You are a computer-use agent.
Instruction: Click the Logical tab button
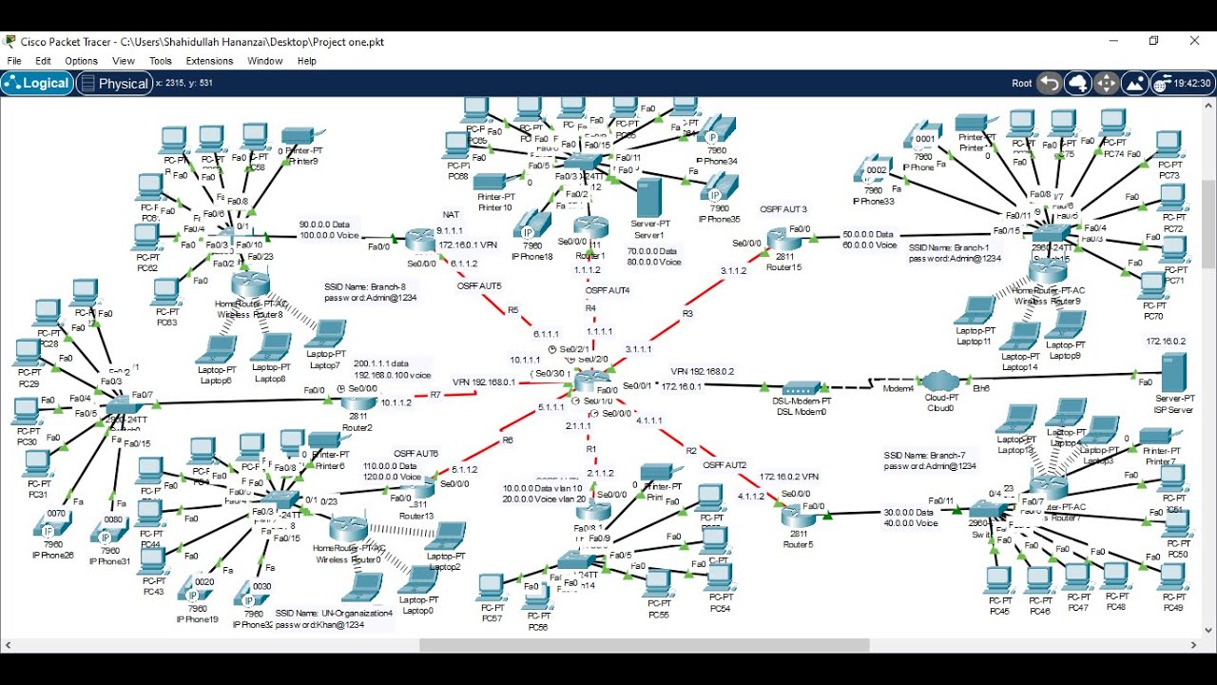click(38, 84)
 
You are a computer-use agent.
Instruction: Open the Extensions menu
click(209, 61)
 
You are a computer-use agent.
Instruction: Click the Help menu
click(306, 61)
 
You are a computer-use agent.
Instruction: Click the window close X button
click(1194, 41)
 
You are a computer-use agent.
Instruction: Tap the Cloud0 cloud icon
click(943, 383)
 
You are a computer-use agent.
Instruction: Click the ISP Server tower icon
click(1173, 372)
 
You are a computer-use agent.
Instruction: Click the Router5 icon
click(798, 517)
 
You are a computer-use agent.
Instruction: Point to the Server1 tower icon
click(649, 198)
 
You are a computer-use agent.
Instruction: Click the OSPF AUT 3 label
click(783, 209)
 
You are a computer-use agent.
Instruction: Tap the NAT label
click(451, 215)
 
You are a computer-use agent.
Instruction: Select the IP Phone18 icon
click(530, 225)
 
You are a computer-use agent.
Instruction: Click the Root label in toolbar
click(1021, 84)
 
